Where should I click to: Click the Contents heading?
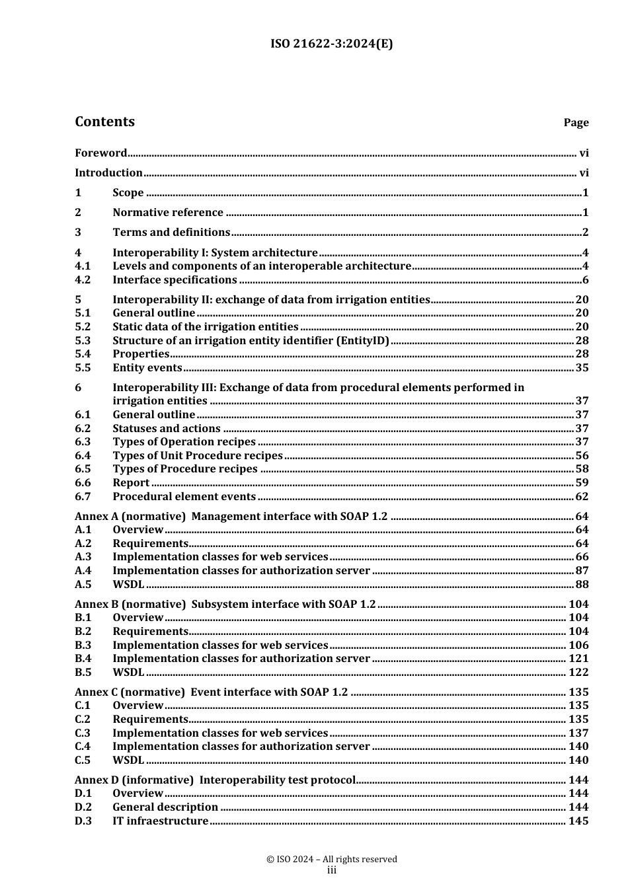pos(104,122)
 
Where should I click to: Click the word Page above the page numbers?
pos(576,123)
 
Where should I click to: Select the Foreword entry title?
pos(100,153)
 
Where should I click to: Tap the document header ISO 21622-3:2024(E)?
pos(332,44)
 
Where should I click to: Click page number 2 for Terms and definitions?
pos(585,233)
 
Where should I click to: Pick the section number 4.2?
pos(83,280)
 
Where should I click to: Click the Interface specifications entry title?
pos(175,280)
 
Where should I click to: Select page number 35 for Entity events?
pos(581,368)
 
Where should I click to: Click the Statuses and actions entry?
pos(167,429)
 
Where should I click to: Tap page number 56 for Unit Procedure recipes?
pos(581,456)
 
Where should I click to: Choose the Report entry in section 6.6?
pos(131,483)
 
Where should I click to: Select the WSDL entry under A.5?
pos(128,585)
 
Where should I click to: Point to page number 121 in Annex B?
pos(578,659)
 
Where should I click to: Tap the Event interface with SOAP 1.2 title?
pos(269,692)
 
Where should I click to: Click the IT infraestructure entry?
pos(161,821)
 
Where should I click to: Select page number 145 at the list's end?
pos(578,821)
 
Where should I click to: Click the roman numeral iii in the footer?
pos(332,871)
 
